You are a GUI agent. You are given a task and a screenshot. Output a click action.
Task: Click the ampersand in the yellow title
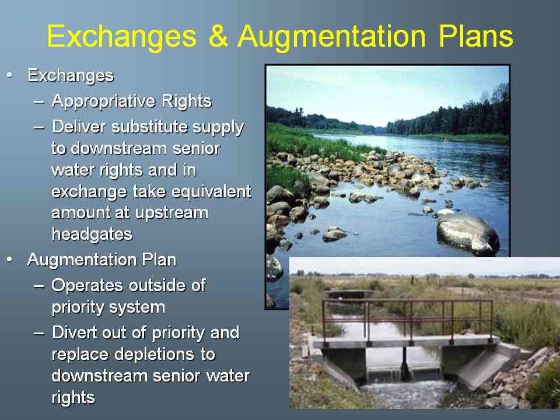[x=218, y=36]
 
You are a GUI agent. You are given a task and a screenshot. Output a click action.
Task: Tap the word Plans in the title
[x=476, y=36]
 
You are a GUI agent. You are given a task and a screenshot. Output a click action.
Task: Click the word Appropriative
[x=104, y=101]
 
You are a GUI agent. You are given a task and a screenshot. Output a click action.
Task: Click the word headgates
[x=92, y=235]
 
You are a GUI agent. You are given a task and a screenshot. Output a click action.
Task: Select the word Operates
[x=88, y=285]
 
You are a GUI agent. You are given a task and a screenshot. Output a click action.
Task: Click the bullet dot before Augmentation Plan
[x=10, y=260]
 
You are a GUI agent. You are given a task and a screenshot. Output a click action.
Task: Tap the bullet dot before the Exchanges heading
[x=10, y=75]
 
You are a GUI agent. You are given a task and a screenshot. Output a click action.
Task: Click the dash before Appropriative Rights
[x=39, y=101]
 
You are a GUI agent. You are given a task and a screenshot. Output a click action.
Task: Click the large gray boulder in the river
[x=467, y=234]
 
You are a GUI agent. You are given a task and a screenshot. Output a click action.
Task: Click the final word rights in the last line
[x=73, y=398]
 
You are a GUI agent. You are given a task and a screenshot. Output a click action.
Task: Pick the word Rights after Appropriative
[x=187, y=101]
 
